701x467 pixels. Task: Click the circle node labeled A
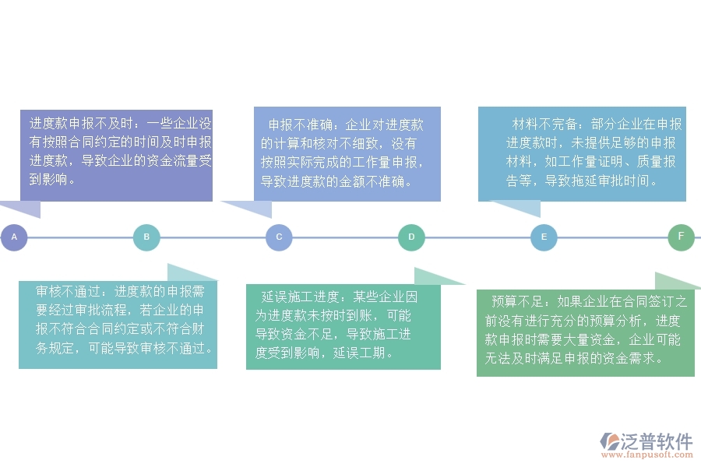[x=14, y=237]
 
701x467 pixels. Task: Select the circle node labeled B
[x=146, y=237]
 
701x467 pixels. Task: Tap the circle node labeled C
[x=279, y=237]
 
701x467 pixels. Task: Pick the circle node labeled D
[x=411, y=237]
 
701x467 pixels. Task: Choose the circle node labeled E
[x=544, y=237]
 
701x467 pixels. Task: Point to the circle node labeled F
[x=681, y=237]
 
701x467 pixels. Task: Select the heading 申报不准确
[x=301, y=125]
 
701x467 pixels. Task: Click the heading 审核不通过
[x=68, y=291]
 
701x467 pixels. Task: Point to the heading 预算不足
[x=517, y=302]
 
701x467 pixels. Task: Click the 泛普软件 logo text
[x=657, y=441]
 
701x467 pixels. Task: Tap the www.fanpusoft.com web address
[x=647, y=455]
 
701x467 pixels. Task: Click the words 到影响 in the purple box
[x=48, y=179]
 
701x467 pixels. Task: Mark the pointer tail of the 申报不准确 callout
[x=251, y=209]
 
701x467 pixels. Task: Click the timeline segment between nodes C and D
[x=345, y=237]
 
